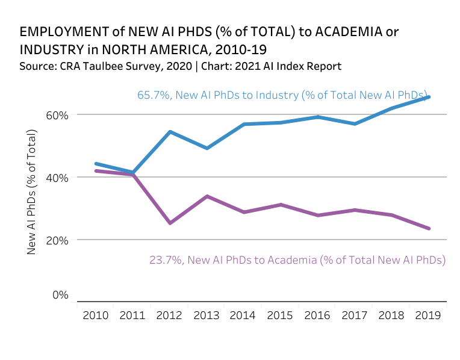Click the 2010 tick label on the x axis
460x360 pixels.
tap(96, 315)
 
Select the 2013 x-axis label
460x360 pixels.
tap(207, 315)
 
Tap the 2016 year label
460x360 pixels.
tap(317, 315)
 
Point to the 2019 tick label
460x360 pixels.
tap(428, 315)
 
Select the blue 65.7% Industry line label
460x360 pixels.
tap(282, 95)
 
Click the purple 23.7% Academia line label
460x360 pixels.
tap(297, 260)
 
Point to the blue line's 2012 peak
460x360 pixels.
tap(170, 131)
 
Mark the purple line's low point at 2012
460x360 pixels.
tap(170, 223)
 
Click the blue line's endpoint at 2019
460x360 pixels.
tap(428, 97)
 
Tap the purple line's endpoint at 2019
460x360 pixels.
tap(428, 228)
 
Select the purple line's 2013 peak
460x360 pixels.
tap(207, 196)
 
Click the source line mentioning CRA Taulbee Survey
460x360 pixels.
tap(180, 66)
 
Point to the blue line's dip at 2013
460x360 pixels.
tap(207, 147)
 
